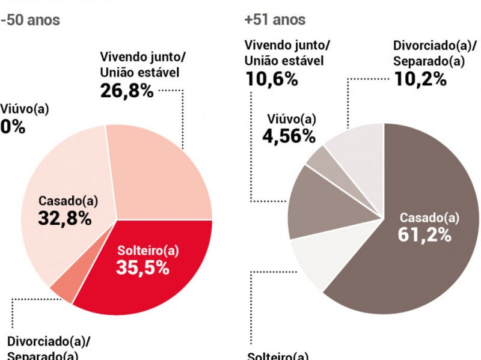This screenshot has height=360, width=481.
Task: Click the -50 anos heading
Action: [30, 19]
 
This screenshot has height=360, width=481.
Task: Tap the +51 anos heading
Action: [275, 19]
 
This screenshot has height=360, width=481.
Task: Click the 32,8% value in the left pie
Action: [64, 219]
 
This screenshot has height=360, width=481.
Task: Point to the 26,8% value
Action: [126, 90]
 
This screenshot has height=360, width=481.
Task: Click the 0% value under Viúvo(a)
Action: [12, 127]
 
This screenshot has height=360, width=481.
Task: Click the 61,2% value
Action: [424, 234]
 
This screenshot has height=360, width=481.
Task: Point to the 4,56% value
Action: [289, 136]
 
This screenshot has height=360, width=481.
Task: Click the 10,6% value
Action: [271, 78]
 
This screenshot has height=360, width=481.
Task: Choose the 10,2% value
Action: [420, 78]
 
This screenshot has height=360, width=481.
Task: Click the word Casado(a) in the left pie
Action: [64, 201]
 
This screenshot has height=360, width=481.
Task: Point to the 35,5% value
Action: [142, 267]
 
